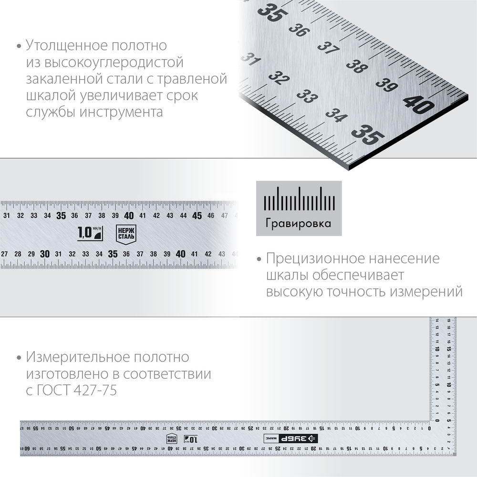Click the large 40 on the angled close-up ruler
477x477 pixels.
[x=418, y=104]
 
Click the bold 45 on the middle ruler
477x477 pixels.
[x=197, y=216]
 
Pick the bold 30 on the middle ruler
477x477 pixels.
[x=45, y=254]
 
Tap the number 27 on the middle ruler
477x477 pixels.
[x=4, y=254]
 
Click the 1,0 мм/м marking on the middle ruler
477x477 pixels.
[x=90, y=233]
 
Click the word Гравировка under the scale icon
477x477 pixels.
[x=299, y=224]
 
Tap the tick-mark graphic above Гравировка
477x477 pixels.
[x=299, y=200]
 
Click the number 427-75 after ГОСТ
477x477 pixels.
[x=95, y=390]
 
